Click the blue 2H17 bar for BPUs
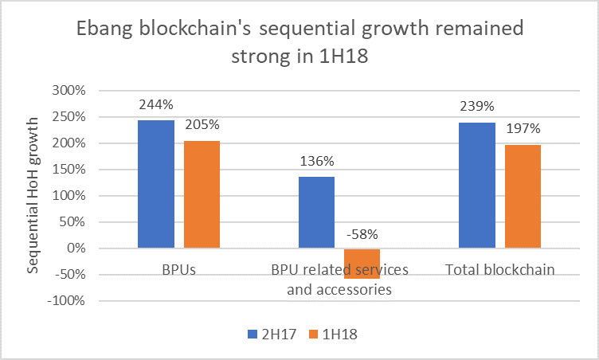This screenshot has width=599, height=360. click(156, 184)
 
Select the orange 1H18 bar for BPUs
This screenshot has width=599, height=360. click(202, 194)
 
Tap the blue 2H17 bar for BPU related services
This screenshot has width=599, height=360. click(316, 212)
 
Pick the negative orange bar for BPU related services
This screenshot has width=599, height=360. click(362, 263)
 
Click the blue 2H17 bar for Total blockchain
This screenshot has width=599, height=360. click(477, 186)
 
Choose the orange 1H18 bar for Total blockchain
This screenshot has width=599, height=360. click(523, 197)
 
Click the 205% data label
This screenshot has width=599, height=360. click(202, 125)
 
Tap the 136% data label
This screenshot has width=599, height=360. click(316, 162)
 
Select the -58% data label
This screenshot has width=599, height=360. click(362, 234)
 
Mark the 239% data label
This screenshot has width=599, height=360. click(477, 107)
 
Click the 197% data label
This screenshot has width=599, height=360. click(523, 129)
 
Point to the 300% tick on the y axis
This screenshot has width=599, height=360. click(69, 91)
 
